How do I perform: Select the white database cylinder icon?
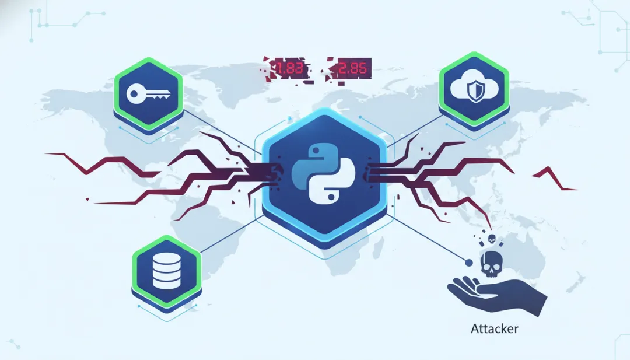click(x=166, y=271)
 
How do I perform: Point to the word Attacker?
click(x=494, y=328)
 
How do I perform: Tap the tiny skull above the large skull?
click(x=492, y=239)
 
